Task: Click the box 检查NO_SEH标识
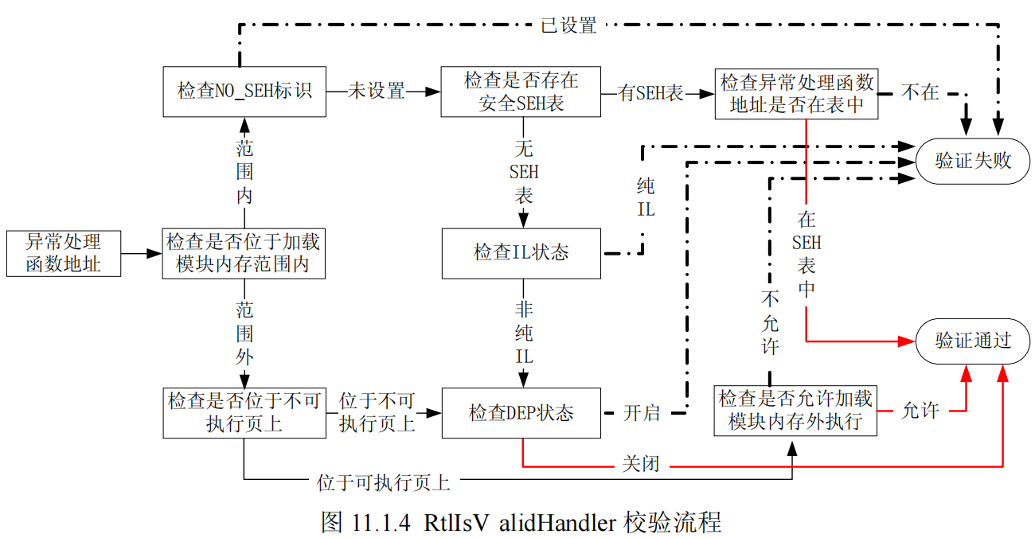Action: click(244, 92)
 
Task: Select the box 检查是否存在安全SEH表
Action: click(521, 92)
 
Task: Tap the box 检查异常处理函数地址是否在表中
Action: click(796, 92)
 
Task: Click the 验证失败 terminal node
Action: click(973, 161)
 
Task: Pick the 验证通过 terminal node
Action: click(973, 341)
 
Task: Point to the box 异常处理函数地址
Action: click(64, 253)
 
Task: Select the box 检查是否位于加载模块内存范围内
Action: click(244, 253)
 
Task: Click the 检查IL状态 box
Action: click(521, 253)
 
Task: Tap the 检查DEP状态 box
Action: click(521, 413)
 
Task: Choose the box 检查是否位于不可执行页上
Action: click(244, 412)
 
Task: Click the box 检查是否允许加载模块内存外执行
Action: click(796, 411)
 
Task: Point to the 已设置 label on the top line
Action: click(568, 25)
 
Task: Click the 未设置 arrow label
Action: click(377, 92)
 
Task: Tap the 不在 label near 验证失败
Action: click(920, 92)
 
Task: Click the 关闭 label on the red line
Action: click(641, 464)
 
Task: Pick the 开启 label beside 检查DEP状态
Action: click(642, 413)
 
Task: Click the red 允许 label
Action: click(920, 411)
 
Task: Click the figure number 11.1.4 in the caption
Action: click(378, 522)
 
